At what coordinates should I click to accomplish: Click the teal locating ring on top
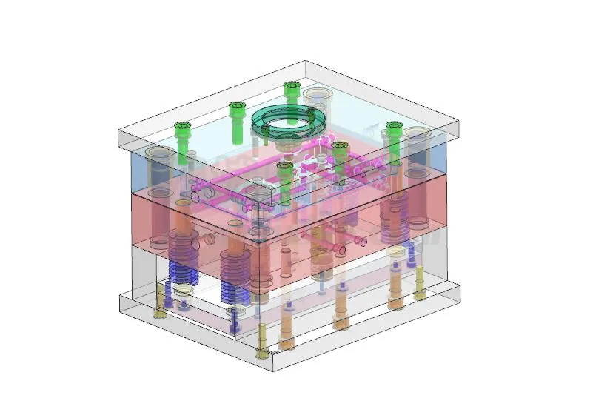point(292,122)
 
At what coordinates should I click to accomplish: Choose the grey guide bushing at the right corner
point(418,142)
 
